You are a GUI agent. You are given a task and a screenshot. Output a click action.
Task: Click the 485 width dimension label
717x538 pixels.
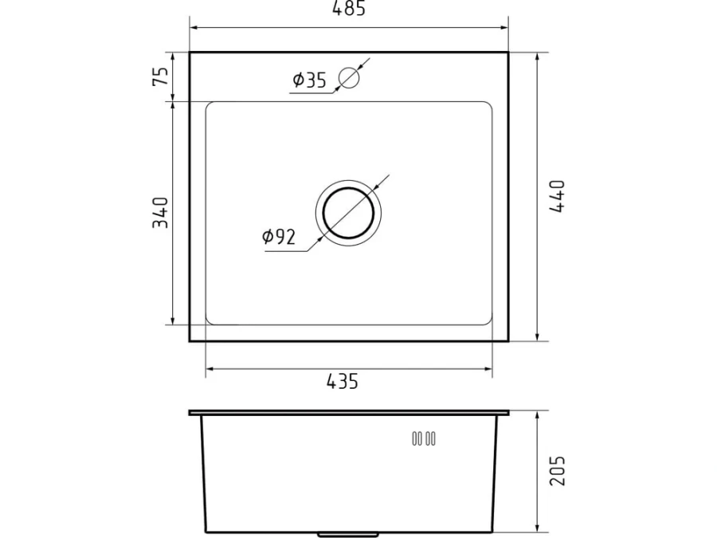(349, 8)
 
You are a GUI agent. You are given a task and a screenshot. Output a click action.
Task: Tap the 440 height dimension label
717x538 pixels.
(557, 196)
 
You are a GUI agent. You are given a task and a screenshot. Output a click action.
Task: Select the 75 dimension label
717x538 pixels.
(161, 77)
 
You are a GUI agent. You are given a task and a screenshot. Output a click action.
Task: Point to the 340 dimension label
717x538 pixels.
(160, 213)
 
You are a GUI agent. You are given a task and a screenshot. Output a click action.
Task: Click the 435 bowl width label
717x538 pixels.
(343, 381)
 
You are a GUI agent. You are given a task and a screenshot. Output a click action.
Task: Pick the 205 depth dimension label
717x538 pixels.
(558, 471)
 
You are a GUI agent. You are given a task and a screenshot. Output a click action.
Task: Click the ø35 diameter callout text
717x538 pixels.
(310, 80)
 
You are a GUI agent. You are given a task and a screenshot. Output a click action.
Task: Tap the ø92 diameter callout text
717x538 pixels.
(279, 237)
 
